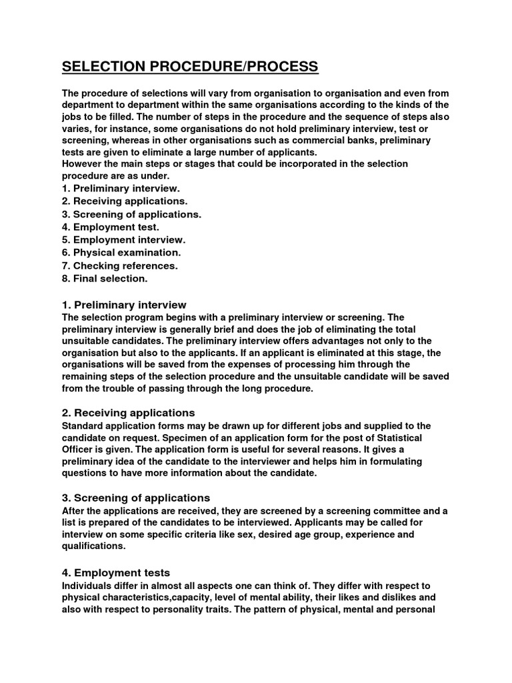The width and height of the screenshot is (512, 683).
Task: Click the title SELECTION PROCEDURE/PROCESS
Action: coord(190,67)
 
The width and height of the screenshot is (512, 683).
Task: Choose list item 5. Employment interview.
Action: coord(123,239)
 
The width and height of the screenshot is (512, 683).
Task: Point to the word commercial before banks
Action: coord(317,141)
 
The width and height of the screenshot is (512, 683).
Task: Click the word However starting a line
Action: coord(84,164)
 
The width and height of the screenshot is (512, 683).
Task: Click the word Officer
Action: coord(80,450)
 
